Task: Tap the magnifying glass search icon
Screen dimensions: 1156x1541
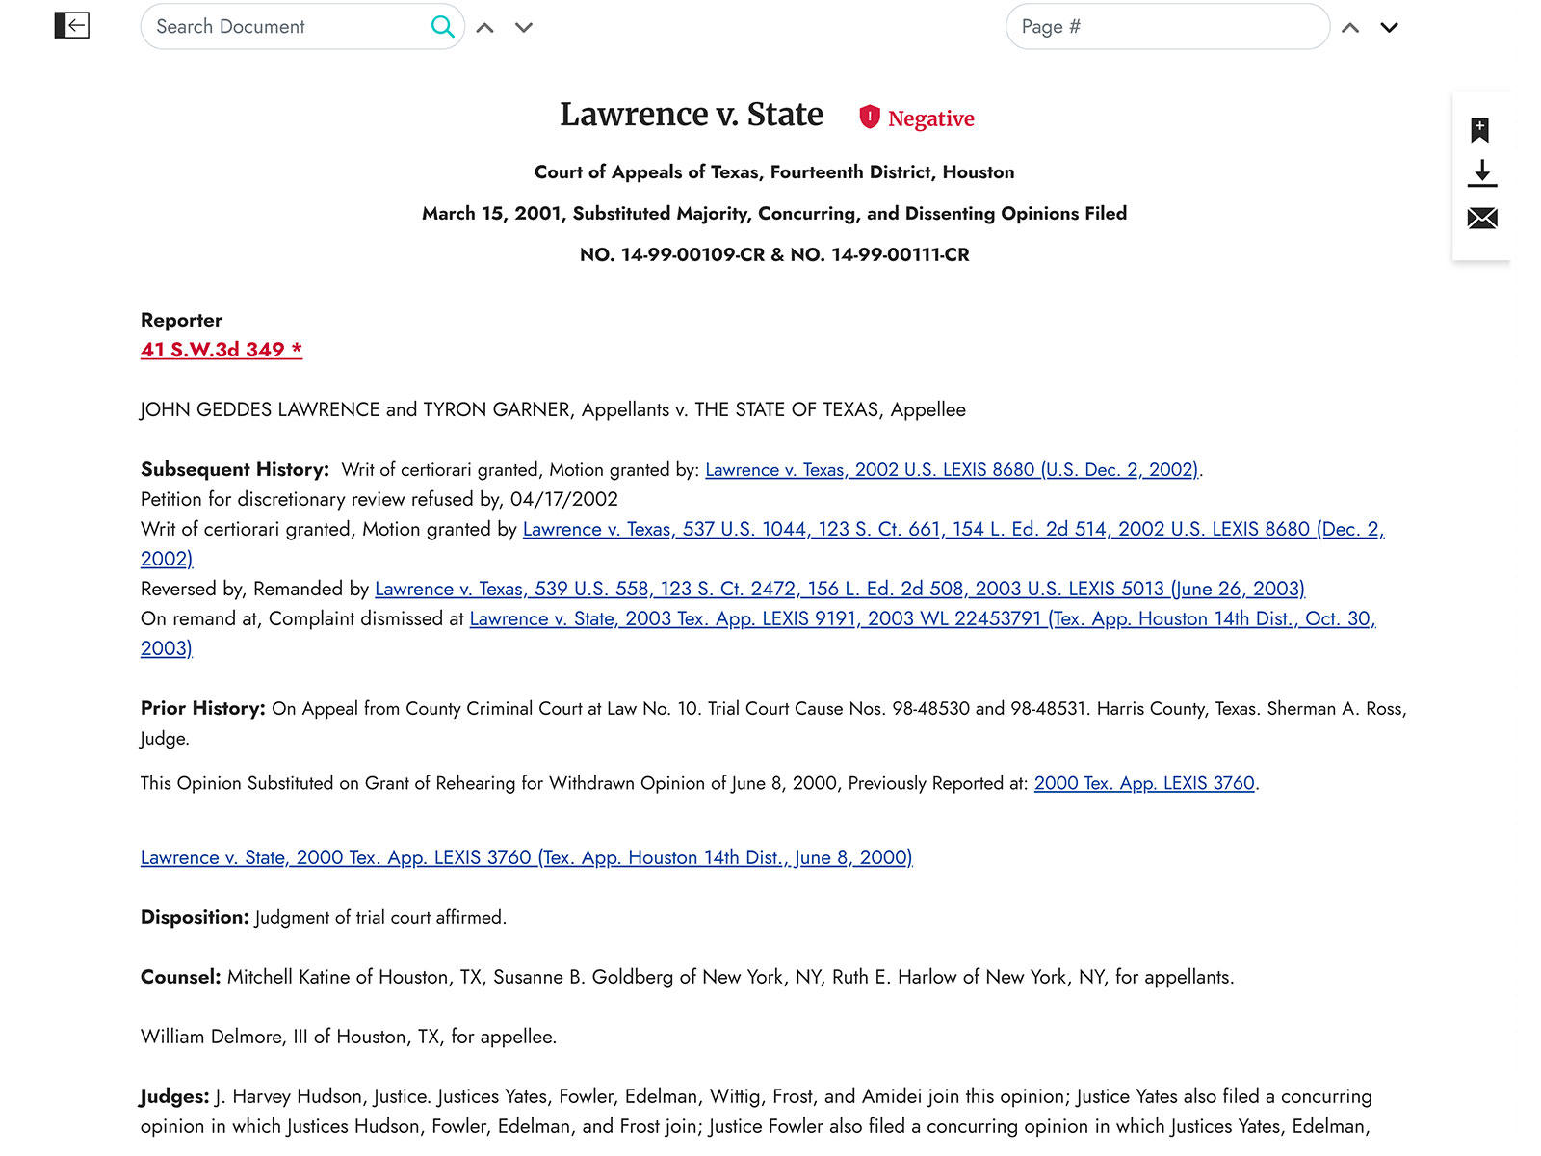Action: point(442,27)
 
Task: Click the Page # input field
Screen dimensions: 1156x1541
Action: point(1165,27)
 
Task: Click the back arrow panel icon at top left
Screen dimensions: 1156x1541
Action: point(72,25)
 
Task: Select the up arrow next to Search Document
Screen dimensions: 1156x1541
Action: point(485,28)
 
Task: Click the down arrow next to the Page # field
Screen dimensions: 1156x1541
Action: point(1389,28)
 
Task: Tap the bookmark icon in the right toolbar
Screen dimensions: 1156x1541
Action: point(1480,130)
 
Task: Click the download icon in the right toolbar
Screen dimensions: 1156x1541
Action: point(1481,173)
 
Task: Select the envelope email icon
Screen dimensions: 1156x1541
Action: point(1481,219)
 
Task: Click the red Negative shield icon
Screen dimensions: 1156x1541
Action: point(870,117)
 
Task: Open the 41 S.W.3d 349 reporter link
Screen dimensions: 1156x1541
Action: point(221,350)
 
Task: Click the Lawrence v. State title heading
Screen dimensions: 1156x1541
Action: point(692,115)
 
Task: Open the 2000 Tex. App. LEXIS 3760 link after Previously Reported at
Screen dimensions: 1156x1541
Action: point(1144,783)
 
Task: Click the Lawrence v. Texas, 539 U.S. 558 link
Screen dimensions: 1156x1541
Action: point(839,589)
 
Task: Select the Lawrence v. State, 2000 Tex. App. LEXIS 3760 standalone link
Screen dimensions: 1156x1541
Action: point(526,857)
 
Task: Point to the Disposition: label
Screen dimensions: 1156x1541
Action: point(195,917)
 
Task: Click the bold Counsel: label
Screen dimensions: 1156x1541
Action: point(181,977)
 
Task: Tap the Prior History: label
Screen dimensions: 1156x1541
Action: point(202,708)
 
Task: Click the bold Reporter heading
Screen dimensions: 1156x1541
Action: point(181,320)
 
